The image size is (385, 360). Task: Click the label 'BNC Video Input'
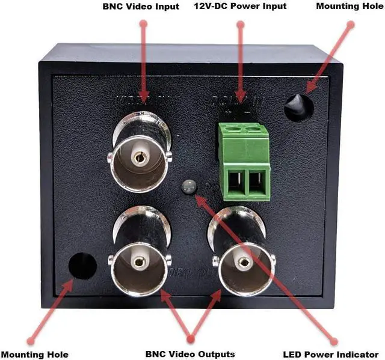pos(141,7)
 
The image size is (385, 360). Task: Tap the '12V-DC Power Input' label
pos(240,7)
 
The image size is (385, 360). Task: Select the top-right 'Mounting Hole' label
pos(349,7)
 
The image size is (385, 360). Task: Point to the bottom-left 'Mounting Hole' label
pos(34,354)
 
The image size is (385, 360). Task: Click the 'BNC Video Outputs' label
pos(190,354)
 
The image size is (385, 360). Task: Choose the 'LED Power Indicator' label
pos(331,354)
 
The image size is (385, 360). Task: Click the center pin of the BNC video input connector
pos(140,157)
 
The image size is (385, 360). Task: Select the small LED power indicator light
pos(188,187)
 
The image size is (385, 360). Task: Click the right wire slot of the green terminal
pos(258,182)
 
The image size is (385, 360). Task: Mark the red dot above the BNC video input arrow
pos(143,24)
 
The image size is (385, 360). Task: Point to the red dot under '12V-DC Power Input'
pos(241,25)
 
